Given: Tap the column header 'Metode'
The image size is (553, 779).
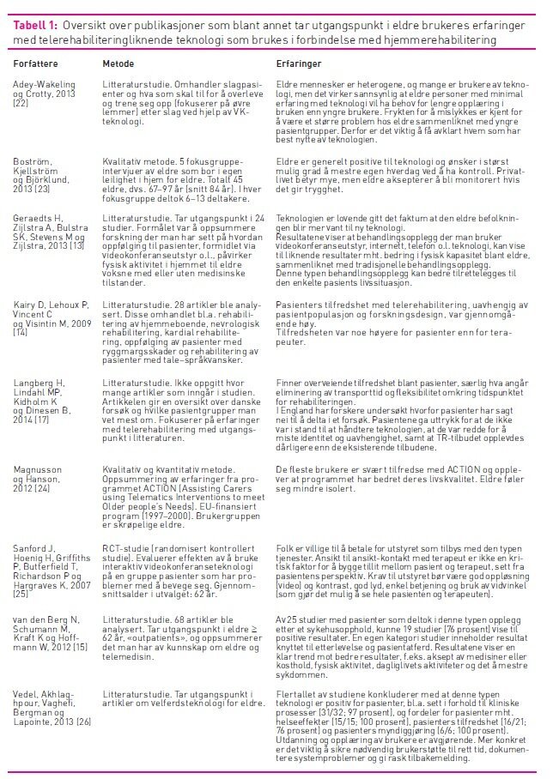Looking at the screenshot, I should (x=117, y=65).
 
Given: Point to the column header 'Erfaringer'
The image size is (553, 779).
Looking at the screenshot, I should (x=298, y=65).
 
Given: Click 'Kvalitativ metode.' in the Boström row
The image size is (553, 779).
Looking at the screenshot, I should (x=137, y=160).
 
